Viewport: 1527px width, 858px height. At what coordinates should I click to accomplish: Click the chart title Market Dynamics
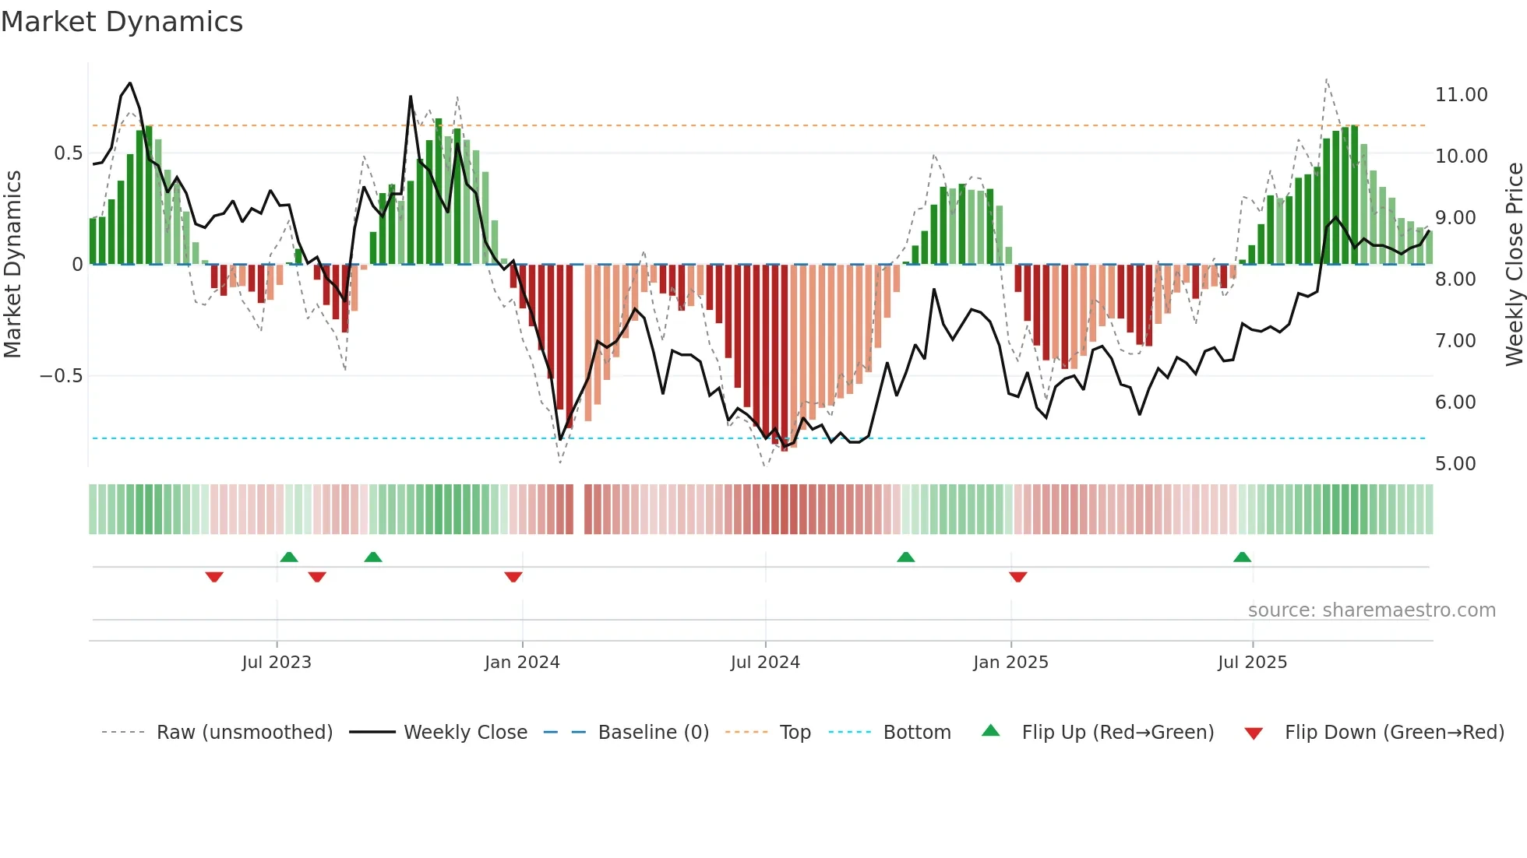click(x=122, y=22)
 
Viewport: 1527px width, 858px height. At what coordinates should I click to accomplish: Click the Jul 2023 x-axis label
click(x=277, y=663)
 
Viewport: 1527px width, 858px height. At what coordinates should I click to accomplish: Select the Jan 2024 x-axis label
click(x=522, y=663)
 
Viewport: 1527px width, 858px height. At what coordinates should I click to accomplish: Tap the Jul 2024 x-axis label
click(x=765, y=663)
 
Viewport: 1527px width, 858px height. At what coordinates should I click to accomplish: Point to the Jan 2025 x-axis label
click(x=1010, y=663)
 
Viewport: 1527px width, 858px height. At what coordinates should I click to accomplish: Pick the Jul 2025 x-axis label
click(x=1253, y=663)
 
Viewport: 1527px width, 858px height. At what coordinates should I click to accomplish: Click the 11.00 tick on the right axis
click(x=1461, y=95)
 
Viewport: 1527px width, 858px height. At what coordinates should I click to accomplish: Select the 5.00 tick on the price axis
click(x=1455, y=464)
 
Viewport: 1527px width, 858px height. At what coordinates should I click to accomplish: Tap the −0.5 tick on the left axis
click(x=62, y=376)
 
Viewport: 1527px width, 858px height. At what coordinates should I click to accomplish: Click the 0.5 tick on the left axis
click(x=68, y=153)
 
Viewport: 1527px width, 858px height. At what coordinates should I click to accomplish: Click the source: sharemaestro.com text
click(x=1371, y=610)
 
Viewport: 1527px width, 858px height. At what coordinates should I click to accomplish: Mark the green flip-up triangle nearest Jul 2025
click(x=1242, y=557)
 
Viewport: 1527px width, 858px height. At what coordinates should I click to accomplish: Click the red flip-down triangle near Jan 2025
click(x=1017, y=577)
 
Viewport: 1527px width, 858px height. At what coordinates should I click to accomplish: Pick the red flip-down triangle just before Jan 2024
click(x=513, y=577)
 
